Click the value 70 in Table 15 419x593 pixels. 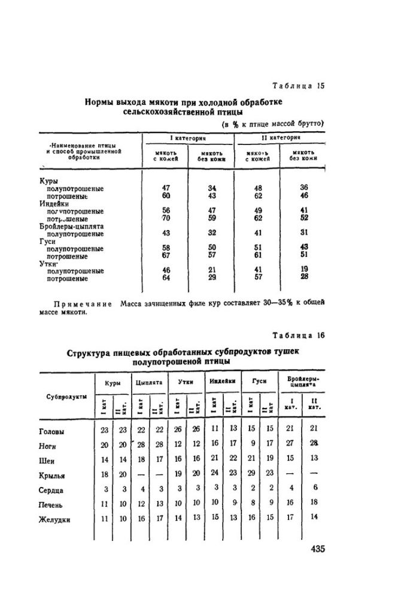[x=166, y=219]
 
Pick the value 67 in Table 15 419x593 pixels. [x=166, y=256]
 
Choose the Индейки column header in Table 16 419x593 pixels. [x=222, y=381]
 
